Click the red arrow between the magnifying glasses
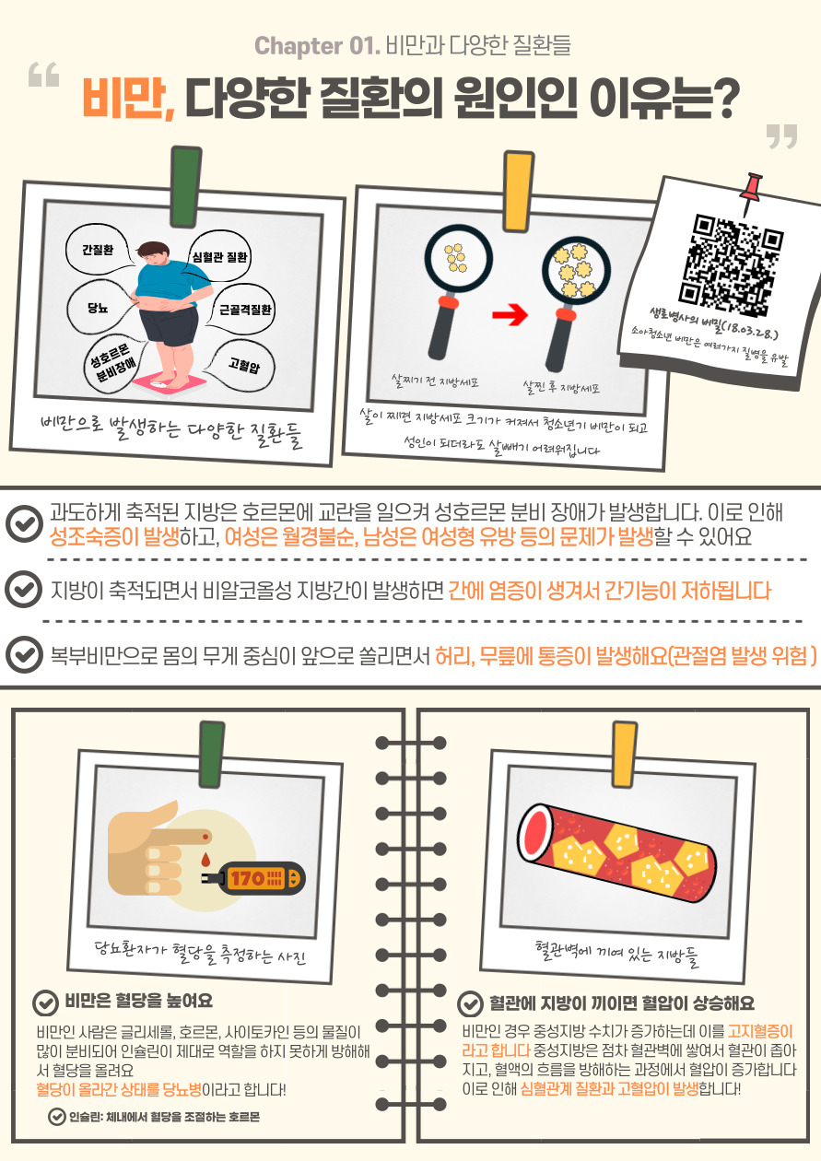click(510, 314)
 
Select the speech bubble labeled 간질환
click(98, 250)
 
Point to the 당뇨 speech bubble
click(99, 308)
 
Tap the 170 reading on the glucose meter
click(248, 878)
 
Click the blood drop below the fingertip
click(205, 860)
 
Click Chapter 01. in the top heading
click(317, 46)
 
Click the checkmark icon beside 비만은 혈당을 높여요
click(45, 1003)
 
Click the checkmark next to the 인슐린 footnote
click(56, 1117)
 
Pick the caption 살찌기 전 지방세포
click(435, 381)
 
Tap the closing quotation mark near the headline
click(781, 135)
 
